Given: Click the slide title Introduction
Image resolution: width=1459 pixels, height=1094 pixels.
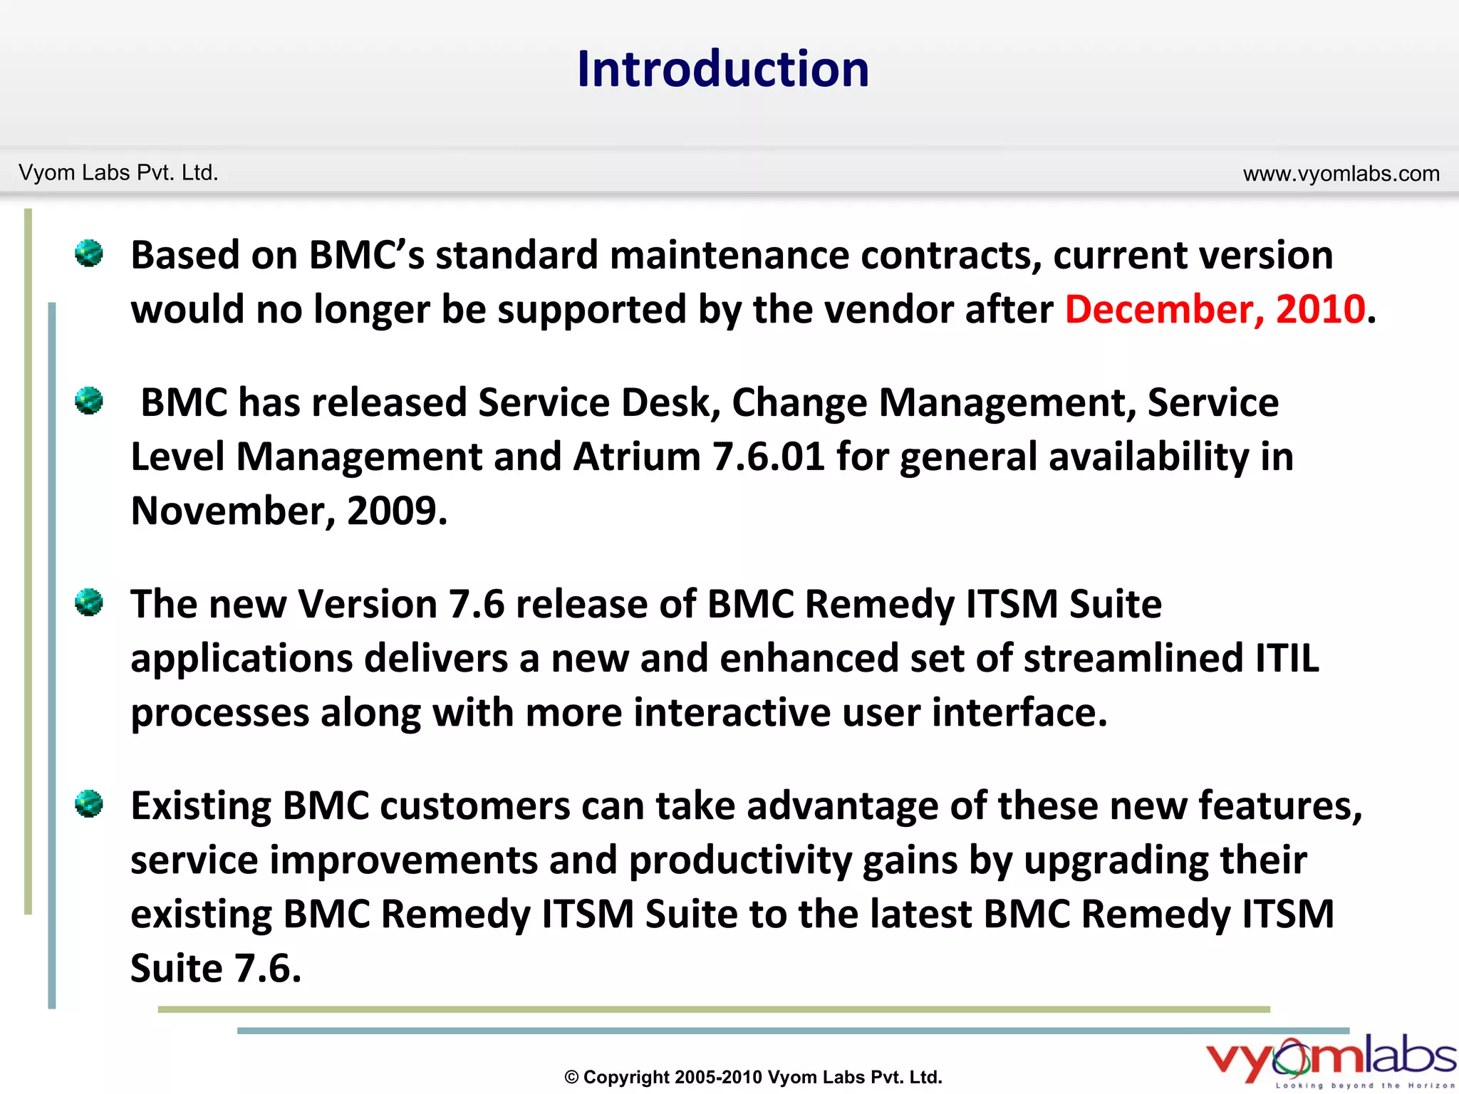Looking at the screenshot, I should pos(722,69).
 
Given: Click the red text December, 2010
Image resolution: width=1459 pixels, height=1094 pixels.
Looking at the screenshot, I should pos(1215,310).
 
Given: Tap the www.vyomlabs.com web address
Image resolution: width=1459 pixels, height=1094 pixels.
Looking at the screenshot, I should pos(1341,174).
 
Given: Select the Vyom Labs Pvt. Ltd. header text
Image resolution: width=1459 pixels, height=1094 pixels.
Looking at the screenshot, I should pos(118,173).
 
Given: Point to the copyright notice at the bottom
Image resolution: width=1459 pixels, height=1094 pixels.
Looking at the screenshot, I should pos(753,1077).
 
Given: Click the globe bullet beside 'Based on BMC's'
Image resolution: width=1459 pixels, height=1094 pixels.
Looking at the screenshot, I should pos(89,254).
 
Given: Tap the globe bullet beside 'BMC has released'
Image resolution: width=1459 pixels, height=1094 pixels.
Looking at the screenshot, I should pos(89,401).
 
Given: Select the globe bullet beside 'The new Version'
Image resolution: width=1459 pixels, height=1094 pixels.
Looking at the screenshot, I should pos(89,603).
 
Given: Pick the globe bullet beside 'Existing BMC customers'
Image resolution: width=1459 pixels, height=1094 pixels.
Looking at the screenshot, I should pos(89,804).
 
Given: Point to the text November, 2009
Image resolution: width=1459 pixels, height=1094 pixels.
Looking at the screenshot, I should pos(289,511).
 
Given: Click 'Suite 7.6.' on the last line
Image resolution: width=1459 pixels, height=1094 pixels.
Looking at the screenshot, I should pos(216,969).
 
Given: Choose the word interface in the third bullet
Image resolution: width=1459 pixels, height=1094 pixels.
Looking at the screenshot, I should pos(1019,712).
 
